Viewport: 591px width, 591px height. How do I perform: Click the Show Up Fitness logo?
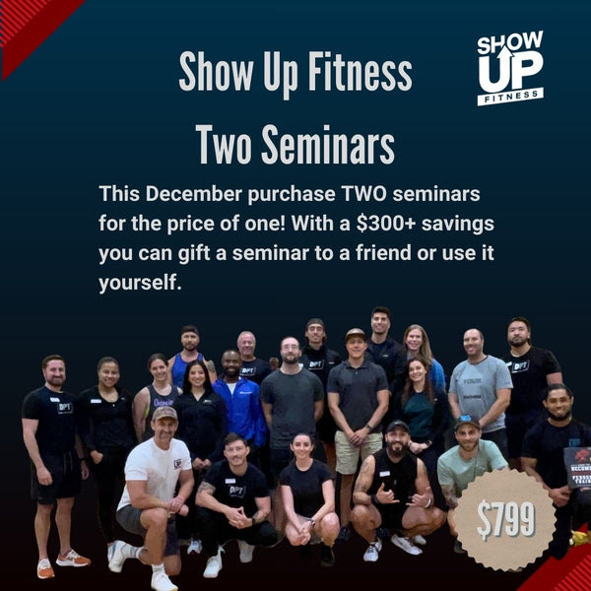point(509,67)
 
